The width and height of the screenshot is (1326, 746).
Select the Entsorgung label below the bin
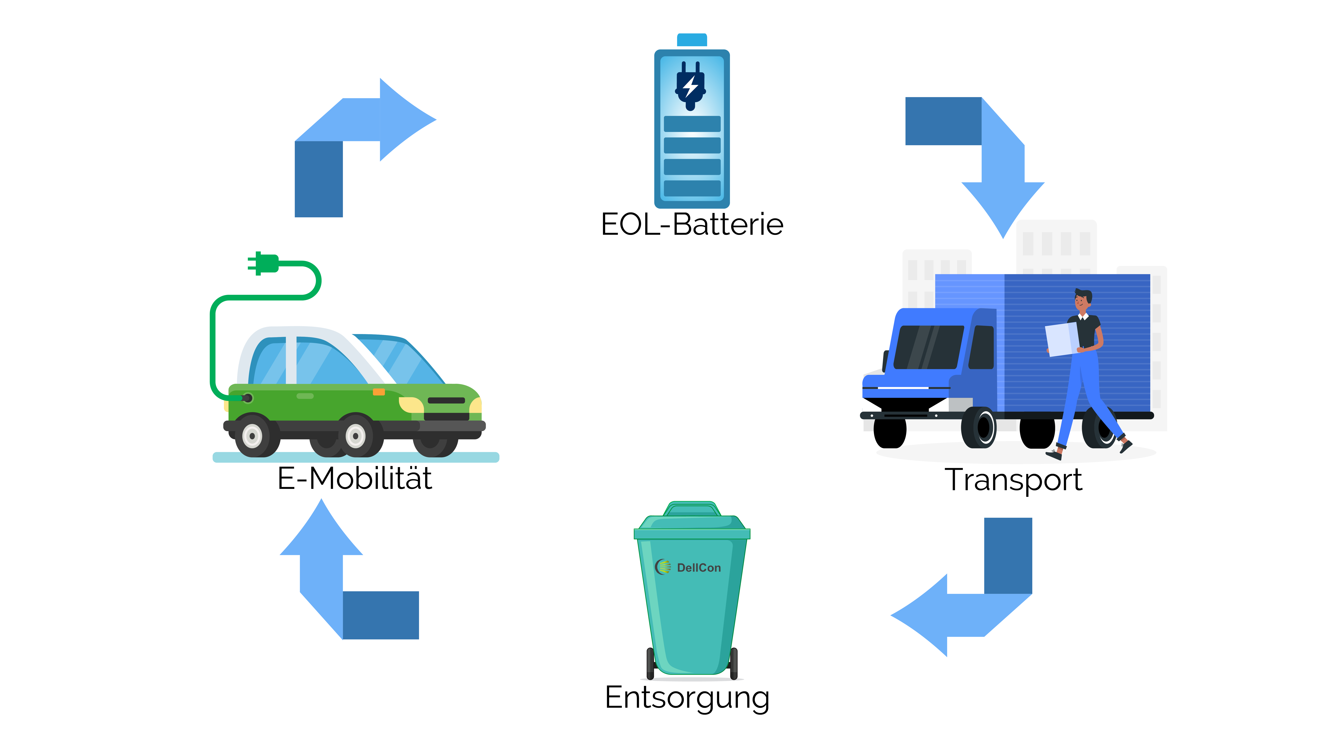(687, 698)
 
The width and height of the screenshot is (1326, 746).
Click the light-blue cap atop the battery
(692, 40)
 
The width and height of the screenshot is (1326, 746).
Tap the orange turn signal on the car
(379, 392)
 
